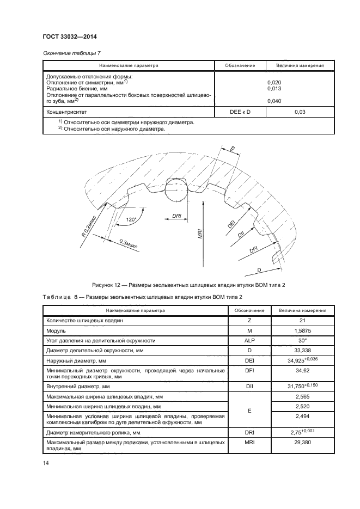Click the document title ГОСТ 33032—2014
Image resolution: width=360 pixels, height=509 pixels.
point(69,37)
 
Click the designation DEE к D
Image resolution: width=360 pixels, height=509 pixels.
point(240,112)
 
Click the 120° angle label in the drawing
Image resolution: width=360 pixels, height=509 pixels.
point(131,219)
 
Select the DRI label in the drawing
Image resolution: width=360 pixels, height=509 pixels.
point(176,216)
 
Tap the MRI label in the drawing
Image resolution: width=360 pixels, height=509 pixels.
point(200,235)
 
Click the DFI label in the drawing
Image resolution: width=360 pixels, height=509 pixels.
point(253,250)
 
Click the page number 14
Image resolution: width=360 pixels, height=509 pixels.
point(46,463)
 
